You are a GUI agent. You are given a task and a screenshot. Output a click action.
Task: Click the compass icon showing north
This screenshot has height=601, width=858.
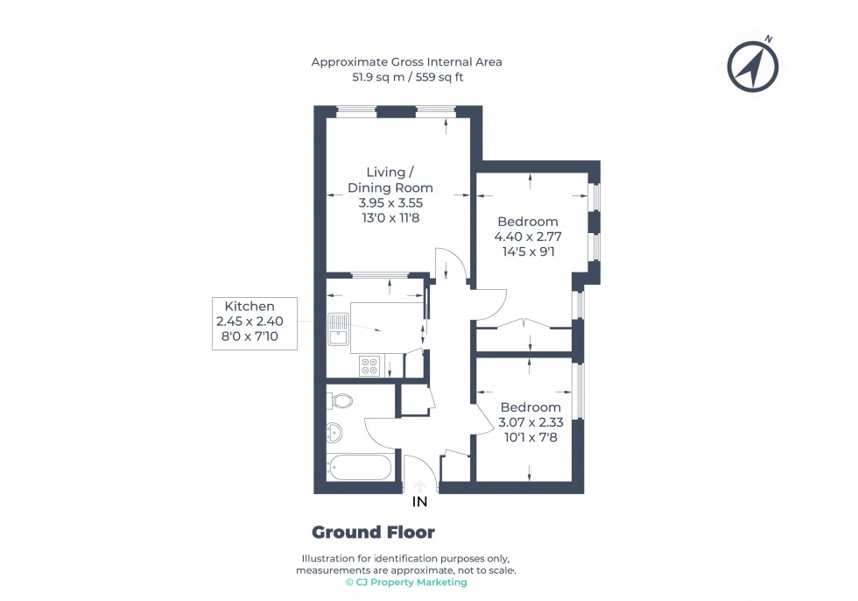(x=753, y=65)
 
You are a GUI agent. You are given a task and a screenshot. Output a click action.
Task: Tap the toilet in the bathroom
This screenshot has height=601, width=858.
(x=341, y=401)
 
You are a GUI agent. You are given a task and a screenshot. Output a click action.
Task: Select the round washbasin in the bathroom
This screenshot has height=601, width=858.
(x=334, y=431)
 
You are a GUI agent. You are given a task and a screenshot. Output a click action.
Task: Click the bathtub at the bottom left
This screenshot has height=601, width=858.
(x=360, y=467)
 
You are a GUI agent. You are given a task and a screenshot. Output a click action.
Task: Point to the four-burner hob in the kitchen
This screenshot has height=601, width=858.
(x=369, y=366)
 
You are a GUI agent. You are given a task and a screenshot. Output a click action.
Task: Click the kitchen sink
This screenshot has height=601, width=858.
(x=337, y=329)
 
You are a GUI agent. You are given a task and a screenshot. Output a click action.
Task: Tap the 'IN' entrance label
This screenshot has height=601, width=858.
(x=420, y=502)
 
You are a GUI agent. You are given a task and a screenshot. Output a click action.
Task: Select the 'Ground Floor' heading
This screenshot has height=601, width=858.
(x=373, y=533)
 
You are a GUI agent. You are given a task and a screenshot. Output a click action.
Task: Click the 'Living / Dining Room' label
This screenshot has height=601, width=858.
(x=390, y=180)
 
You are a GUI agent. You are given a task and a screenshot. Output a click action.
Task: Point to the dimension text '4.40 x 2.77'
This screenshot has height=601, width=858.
(x=527, y=237)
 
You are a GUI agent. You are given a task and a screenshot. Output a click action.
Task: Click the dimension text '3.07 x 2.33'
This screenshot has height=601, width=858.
(x=530, y=422)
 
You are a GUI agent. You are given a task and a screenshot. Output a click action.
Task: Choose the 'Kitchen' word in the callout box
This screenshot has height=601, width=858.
(x=250, y=307)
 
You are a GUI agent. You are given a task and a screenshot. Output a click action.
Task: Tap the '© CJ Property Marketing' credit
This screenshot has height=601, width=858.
(x=406, y=583)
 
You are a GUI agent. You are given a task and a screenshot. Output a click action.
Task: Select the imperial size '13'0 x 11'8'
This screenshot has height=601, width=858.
(x=390, y=217)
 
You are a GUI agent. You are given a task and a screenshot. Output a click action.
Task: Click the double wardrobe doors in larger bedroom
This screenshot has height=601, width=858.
(x=524, y=323)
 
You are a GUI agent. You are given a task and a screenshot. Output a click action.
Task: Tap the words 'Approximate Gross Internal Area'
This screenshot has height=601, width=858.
(x=406, y=61)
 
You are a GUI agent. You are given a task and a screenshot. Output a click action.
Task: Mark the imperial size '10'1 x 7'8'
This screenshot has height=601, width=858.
(x=530, y=437)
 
